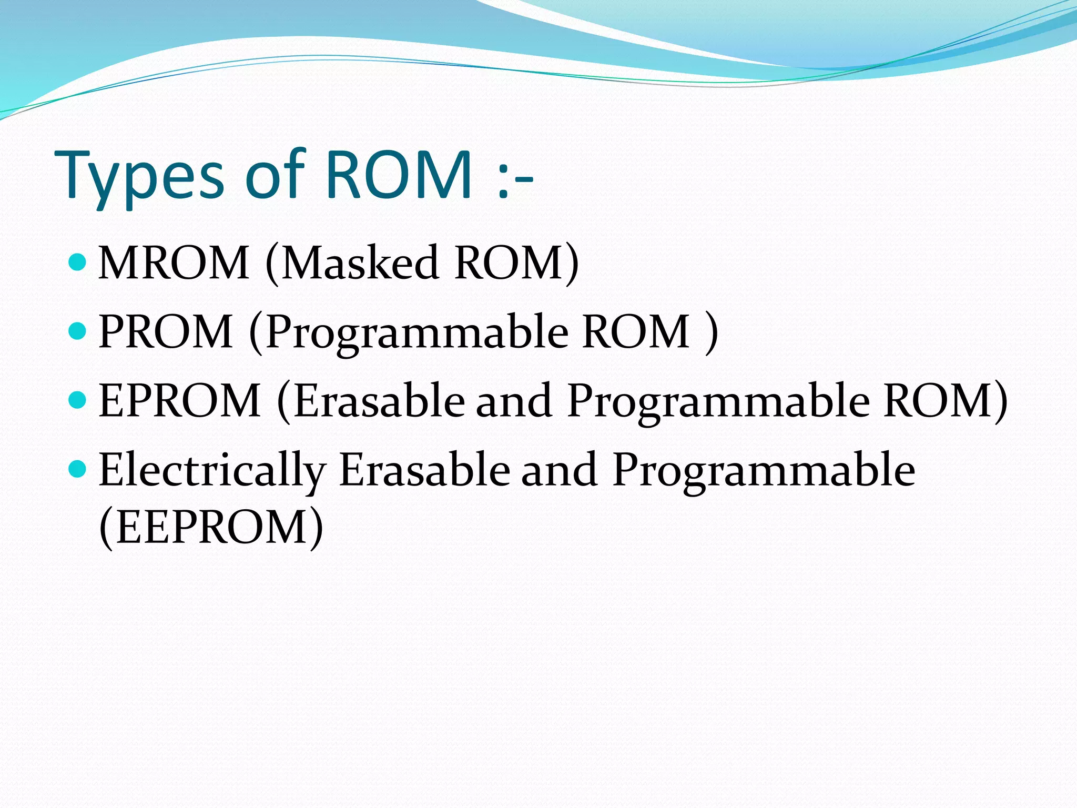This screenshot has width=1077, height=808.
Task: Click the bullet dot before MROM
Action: tap(77, 261)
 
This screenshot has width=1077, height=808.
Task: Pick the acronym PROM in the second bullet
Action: tap(166, 331)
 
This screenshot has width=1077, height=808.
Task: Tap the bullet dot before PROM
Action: tap(77, 330)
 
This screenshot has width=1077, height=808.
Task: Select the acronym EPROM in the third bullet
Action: tap(179, 400)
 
